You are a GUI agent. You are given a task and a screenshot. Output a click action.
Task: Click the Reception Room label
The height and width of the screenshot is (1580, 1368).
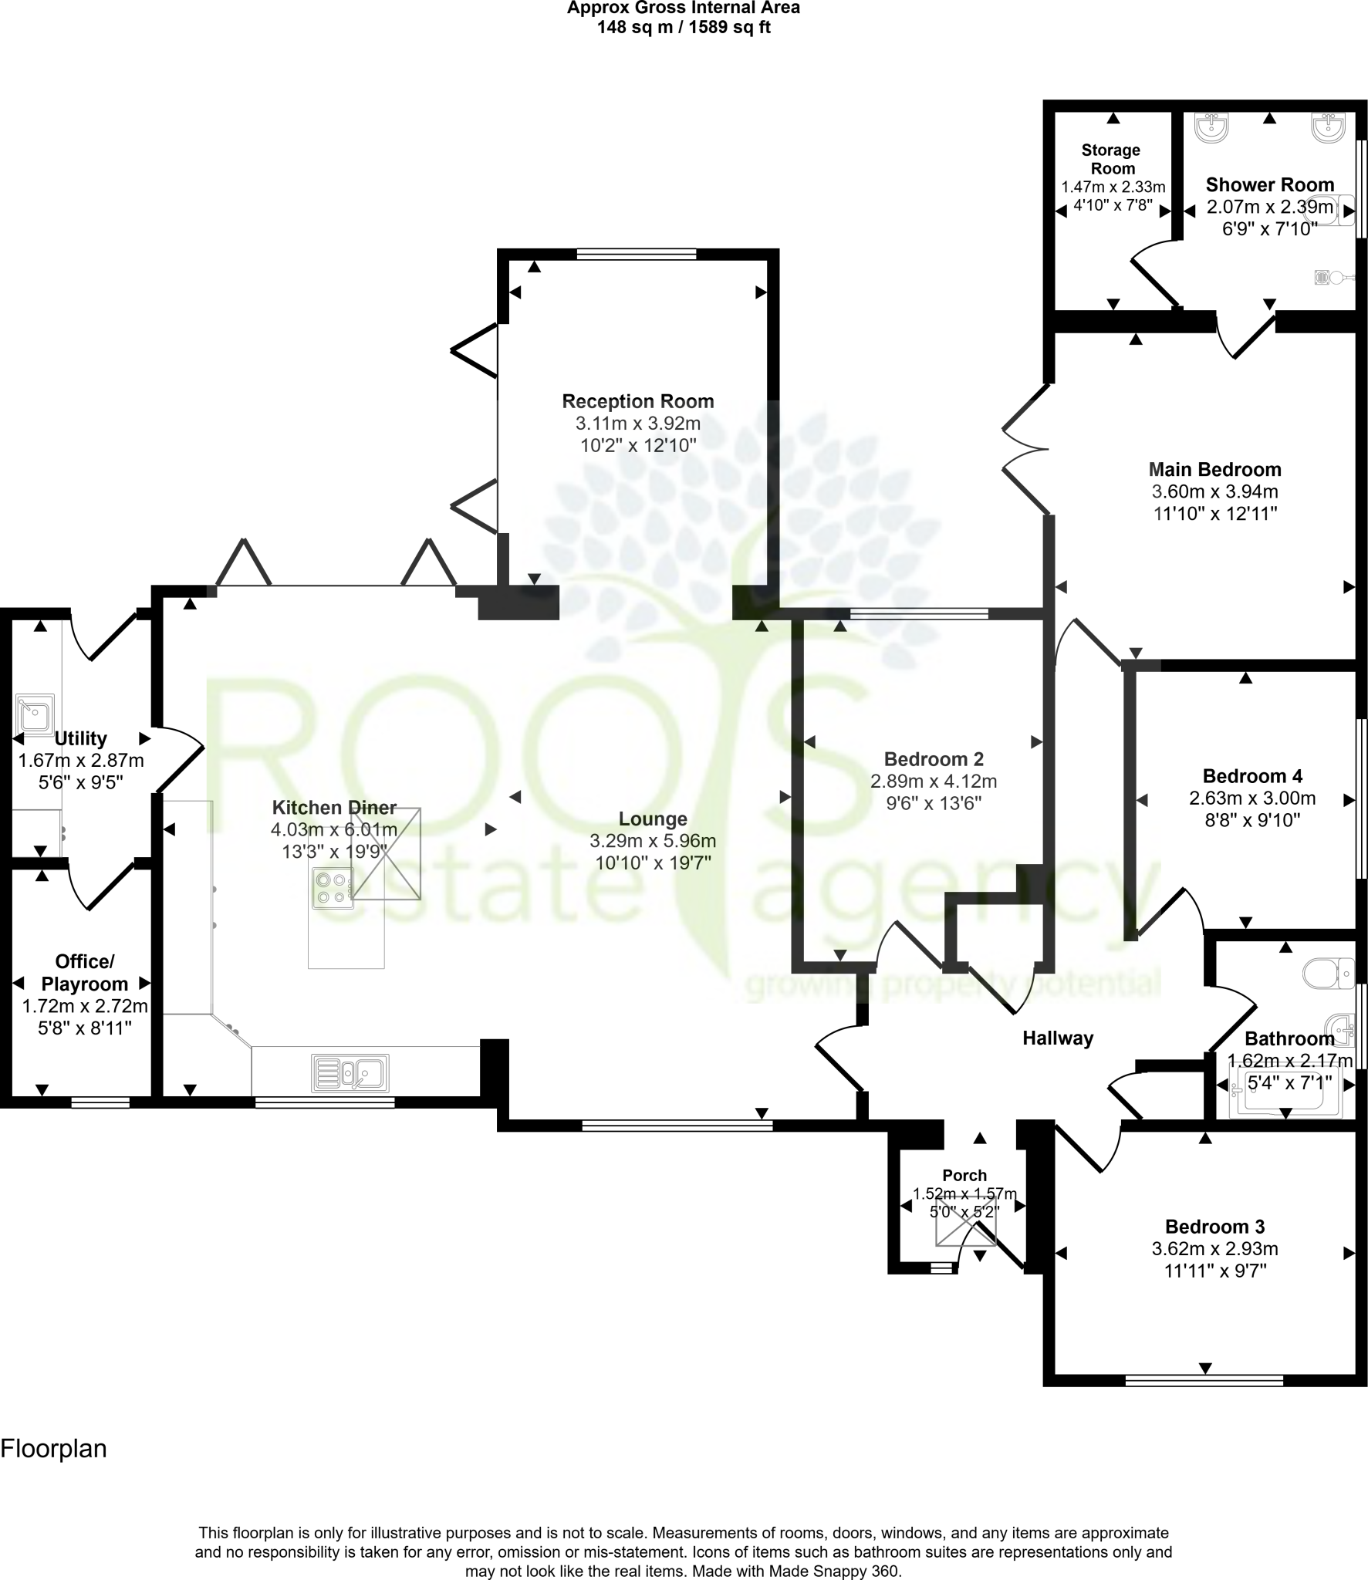(x=637, y=401)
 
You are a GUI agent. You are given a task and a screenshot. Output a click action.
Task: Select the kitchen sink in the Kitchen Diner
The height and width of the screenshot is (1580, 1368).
(x=350, y=1072)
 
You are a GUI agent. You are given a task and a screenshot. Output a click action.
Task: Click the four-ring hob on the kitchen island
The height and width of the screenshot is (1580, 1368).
(x=333, y=887)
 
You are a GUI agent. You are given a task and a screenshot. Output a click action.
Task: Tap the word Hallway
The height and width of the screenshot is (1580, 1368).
(x=1058, y=1038)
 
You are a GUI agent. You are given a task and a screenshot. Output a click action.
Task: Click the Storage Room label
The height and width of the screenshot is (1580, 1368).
(x=1110, y=159)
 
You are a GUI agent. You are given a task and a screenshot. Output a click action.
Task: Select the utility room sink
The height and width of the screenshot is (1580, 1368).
(x=35, y=714)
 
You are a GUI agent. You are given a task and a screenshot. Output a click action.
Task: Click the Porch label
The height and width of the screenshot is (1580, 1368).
(x=964, y=1175)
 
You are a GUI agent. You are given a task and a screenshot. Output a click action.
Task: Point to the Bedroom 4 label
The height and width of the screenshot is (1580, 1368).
(x=1252, y=776)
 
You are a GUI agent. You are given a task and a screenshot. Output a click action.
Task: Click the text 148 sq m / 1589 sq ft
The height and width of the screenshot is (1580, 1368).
(x=684, y=28)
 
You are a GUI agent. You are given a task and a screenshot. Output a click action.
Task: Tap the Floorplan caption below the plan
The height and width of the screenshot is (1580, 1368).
(x=53, y=1449)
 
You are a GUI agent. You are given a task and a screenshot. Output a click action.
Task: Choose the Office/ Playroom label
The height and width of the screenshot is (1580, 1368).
(x=85, y=972)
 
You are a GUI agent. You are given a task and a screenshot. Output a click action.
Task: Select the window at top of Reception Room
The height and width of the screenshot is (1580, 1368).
(x=637, y=253)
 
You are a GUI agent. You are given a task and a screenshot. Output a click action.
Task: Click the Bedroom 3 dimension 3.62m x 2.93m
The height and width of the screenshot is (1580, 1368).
(x=1214, y=1248)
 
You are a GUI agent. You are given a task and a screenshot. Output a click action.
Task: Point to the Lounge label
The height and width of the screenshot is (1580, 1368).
(x=653, y=819)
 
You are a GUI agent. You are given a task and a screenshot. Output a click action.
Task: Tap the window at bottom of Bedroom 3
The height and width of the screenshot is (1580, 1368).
(x=1204, y=1379)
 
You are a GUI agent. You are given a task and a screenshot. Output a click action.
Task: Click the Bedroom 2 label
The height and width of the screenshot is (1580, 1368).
(x=934, y=759)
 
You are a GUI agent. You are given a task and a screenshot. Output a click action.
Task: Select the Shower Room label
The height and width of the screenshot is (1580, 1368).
(x=1269, y=184)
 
